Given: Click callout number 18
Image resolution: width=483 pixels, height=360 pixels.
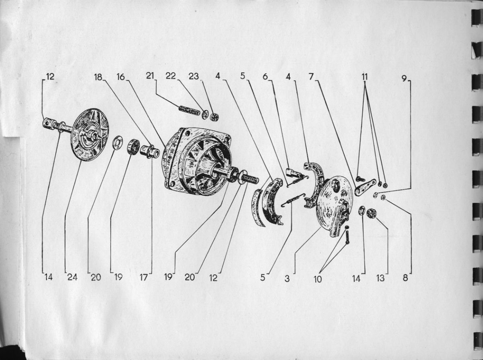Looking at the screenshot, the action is coord(98,77).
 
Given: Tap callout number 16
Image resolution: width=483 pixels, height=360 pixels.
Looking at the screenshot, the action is coord(120,77).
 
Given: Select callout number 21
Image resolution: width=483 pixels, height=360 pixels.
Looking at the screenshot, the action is coord(150,76).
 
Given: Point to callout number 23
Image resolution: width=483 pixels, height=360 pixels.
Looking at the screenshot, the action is coord(194,76).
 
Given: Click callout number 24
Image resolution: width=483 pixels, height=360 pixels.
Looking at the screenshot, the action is coord(72,277).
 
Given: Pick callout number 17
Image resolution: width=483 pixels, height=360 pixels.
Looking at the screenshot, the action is coord(144,277).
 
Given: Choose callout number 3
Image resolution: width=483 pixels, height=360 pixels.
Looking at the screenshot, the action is coord(287,279).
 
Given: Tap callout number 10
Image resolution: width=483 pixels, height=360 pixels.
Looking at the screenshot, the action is coord(318,279).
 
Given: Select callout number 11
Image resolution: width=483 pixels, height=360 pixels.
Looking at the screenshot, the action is coord(365,77).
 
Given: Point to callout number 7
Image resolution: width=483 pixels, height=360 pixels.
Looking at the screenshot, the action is coord(311,77).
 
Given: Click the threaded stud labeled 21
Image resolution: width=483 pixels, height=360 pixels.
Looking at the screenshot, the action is coord(190,110).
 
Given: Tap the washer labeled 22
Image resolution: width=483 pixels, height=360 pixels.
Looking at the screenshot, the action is coord(205,115).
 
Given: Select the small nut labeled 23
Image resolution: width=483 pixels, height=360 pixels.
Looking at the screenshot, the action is coord(215,118).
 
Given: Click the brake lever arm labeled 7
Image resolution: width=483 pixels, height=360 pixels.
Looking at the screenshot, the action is coord(365,187).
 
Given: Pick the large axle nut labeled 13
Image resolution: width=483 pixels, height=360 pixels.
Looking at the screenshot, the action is coord(372,213).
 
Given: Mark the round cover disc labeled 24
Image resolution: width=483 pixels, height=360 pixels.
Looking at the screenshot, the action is coord(90,135).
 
